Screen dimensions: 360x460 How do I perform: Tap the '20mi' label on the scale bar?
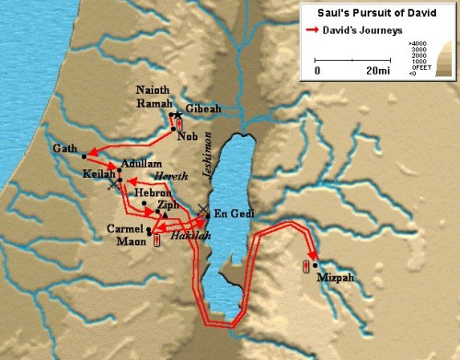pyautogui.click(x=374, y=70)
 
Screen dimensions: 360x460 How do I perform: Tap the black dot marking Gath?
pyautogui.click(x=85, y=154)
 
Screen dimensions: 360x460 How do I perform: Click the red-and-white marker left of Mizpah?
pyautogui.click(x=305, y=267)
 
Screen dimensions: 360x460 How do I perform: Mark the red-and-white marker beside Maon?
pyautogui.click(x=157, y=240)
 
